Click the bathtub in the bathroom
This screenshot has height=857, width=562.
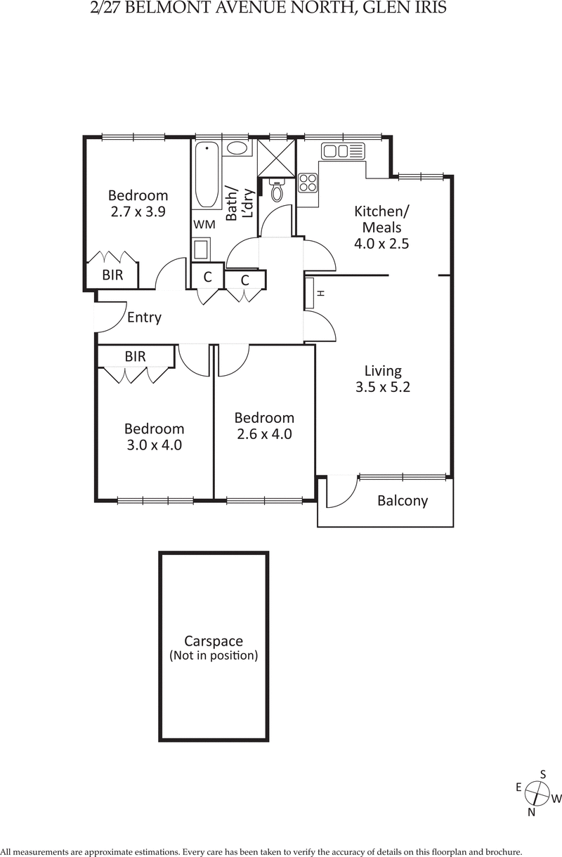pos(207,175)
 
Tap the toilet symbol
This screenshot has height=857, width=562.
pos(277,192)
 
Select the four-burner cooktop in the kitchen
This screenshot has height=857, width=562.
pos(308,183)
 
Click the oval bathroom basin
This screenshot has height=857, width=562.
pos(236,148)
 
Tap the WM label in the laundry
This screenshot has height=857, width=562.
pos(204,225)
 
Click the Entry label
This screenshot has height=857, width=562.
pos(144,318)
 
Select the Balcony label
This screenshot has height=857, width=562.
pos(403,501)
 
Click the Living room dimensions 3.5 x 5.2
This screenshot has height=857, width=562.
pos(382,387)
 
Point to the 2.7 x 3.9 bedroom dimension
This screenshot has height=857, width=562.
pos(138,211)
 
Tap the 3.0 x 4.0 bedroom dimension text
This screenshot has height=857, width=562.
pos(154,445)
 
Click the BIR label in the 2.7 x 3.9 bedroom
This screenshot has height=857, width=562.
pos(112,275)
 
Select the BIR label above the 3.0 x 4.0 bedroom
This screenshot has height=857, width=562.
pos(135,357)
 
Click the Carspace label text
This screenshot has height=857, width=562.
pos(214,641)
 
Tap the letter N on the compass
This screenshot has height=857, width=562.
pos(532,812)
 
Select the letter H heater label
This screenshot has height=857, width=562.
pos(320,293)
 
